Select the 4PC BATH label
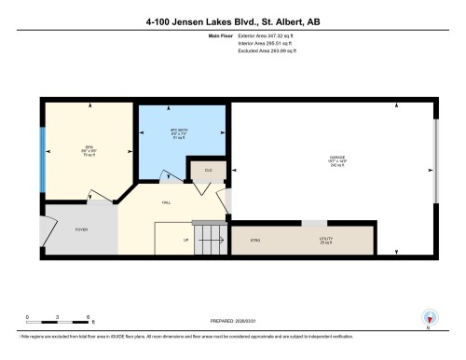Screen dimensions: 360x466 (180, 130)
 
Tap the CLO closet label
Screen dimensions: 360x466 (208, 171)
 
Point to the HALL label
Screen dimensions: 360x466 (166, 201)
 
